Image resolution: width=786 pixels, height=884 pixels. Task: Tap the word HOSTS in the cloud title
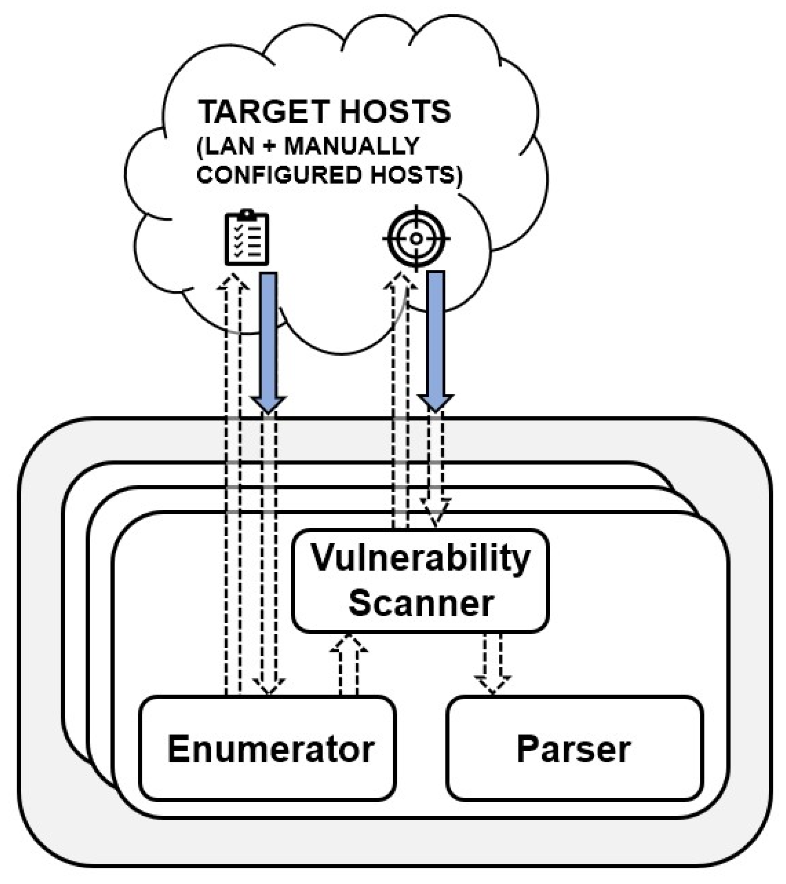coord(395,112)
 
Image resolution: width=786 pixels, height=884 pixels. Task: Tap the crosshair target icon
coord(416,238)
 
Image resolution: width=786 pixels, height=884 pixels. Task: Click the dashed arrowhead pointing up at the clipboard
coord(233,282)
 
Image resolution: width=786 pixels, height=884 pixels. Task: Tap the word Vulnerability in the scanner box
coord(420,558)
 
